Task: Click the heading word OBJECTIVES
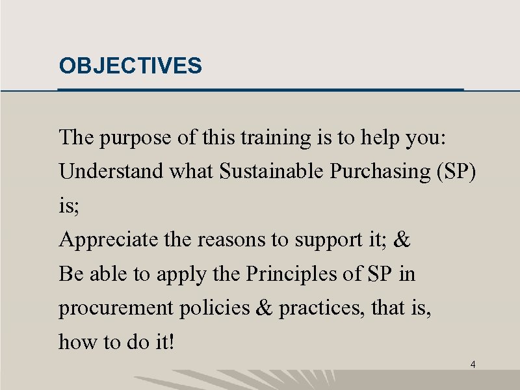(130, 66)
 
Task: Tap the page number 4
(473, 365)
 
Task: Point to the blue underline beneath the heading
(260, 89)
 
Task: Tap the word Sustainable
(272, 172)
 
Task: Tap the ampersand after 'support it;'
(402, 240)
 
